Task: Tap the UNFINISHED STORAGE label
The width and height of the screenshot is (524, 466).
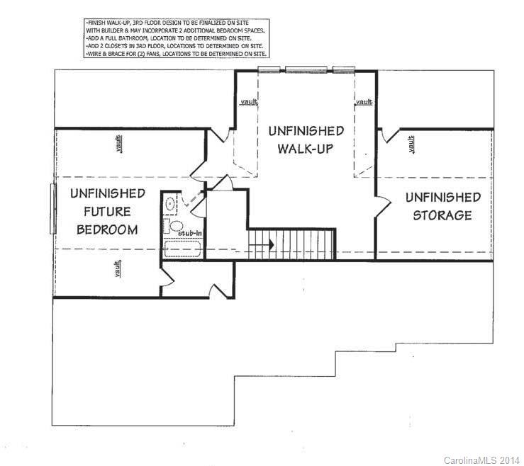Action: point(442,206)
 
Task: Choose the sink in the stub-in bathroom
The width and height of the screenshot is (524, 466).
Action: point(171,205)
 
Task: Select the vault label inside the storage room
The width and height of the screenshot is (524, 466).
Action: point(411,145)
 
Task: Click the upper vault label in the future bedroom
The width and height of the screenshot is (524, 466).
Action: point(118,144)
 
